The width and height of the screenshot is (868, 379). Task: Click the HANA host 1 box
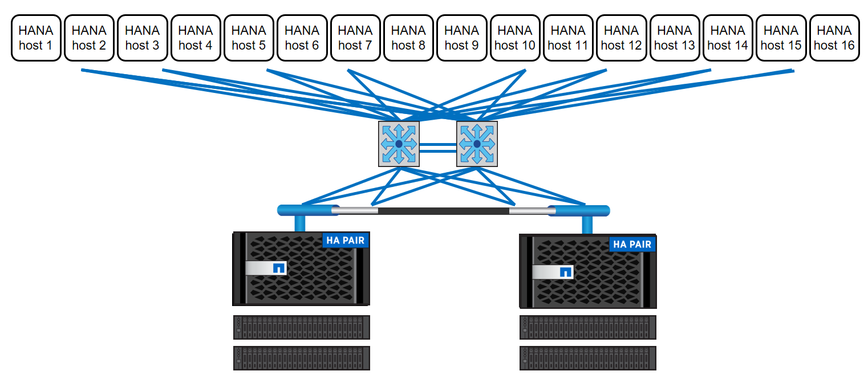pos(36,38)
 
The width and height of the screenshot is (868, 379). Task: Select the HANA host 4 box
pos(196,38)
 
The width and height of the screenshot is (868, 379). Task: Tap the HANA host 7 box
pos(355,38)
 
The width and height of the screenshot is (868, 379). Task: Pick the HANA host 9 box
pos(462,38)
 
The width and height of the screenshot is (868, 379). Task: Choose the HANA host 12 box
pos(622,38)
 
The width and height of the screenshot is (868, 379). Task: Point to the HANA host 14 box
pos(728,38)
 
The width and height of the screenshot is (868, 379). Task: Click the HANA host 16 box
pos(834,38)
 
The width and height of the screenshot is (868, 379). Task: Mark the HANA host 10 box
pos(515,38)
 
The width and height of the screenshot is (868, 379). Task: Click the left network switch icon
pos(399,144)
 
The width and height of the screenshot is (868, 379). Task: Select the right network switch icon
pos(477,144)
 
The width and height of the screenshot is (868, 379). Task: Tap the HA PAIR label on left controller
pos(346,240)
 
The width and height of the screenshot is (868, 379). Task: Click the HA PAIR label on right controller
pos(632,244)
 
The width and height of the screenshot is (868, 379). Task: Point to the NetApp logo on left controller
pos(279,268)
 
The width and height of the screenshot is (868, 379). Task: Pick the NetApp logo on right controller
pos(565,271)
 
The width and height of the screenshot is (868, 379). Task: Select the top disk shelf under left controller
pos(302,327)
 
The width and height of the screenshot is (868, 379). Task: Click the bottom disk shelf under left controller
pos(302,358)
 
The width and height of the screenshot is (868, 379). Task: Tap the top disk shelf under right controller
pos(588,327)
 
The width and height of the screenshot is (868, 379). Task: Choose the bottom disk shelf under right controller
pos(588,358)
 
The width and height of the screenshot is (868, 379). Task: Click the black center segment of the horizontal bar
pos(443,211)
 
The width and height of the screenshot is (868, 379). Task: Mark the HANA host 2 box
pos(89,38)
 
